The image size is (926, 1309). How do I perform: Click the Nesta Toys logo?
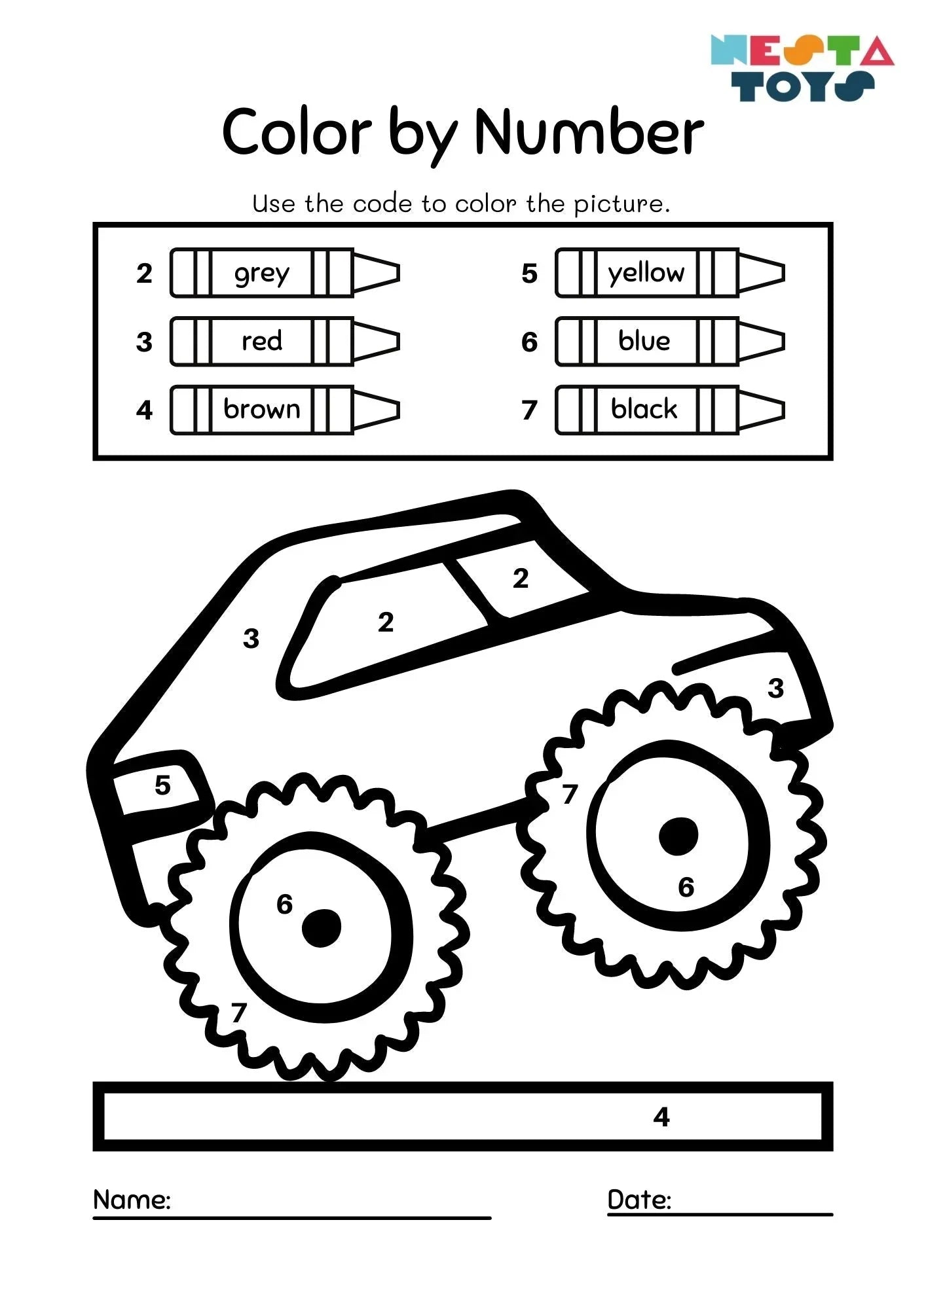[802, 68]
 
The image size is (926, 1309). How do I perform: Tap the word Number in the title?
[589, 132]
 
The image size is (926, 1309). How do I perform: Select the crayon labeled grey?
[285, 273]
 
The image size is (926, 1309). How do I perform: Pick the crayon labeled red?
[285, 341]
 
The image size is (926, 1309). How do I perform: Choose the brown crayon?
[285, 410]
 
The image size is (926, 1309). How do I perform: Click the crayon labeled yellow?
[670, 273]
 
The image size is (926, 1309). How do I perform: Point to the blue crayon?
[670, 341]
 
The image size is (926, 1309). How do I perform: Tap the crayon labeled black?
[670, 410]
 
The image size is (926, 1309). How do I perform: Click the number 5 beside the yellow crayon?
[529, 274]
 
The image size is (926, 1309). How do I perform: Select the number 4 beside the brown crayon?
[144, 410]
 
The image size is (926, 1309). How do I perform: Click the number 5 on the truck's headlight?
[162, 785]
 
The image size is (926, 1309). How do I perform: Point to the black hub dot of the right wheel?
[678, 836]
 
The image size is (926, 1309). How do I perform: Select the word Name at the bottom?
[132, 1200]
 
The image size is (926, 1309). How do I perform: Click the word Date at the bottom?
[639, 1200]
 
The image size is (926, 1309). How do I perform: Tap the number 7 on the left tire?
[238, 1013]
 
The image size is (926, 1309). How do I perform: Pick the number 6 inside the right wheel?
[686, 887]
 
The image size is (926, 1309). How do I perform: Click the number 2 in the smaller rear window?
[521, 578]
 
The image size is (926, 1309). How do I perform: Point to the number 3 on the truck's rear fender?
[775, 688]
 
